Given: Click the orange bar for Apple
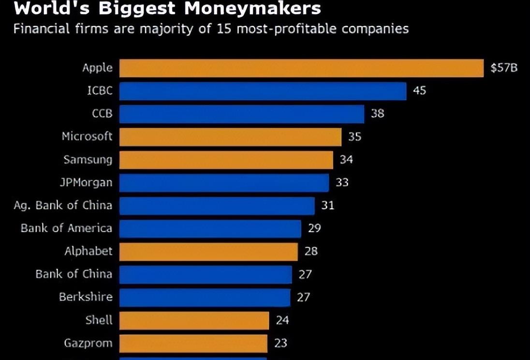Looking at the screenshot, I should [301, 68].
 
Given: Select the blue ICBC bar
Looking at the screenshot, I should [263, 91].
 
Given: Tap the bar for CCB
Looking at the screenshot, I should [241, 114].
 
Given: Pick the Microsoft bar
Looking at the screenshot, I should [230, 137].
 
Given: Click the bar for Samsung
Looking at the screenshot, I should [226, 160].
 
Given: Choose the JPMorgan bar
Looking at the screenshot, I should [224, 183].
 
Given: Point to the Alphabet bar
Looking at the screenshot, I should [208, 252].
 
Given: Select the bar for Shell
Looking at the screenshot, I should [194, 320].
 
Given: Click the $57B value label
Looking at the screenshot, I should [504, 68].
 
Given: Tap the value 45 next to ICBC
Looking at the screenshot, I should [419, 90].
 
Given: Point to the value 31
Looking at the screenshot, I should [327, 205].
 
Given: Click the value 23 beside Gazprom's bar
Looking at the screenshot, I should [280, 343].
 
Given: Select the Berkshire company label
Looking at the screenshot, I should [86, 297].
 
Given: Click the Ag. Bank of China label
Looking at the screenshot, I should [63, 205].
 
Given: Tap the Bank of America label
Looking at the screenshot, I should [66, 228].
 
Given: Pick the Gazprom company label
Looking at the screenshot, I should [88, 343].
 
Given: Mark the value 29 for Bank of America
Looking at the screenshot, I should [314, 228].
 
